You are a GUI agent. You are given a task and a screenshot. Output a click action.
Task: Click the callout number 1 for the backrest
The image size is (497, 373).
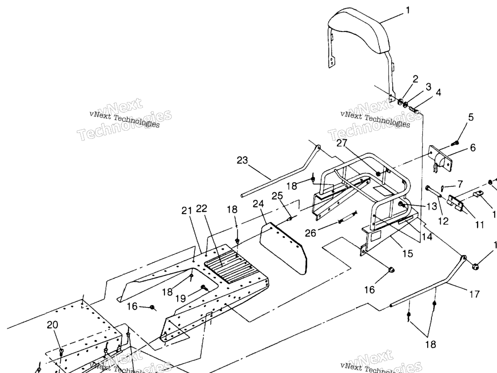coord(408,9)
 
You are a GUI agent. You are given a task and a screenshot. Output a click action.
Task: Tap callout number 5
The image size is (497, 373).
coord(470,117)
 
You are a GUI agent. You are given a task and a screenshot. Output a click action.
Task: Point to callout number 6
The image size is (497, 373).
coord(472,148)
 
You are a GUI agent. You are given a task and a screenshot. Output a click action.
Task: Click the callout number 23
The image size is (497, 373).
coord(243,160)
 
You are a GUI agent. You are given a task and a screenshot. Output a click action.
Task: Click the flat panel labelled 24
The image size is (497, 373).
coord(284,248)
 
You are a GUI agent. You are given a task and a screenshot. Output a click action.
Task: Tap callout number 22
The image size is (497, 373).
coord(201,208)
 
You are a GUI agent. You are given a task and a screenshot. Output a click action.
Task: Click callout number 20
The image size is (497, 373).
coord(53,325)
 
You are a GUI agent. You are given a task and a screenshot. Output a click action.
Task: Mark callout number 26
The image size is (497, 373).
coord(311,233)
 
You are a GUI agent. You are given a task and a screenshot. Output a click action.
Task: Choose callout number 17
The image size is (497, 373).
coord(474,294)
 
